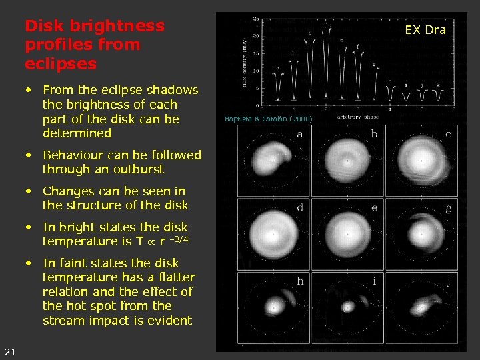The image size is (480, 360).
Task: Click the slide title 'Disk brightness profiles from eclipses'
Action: [x=94, y=45]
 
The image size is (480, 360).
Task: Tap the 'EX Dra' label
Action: [x=425, y=29]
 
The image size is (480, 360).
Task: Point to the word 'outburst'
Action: [x=137, y=169]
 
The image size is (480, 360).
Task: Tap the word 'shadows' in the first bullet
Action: [x=175, y=90]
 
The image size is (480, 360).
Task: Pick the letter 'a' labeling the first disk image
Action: [x=300, y=134]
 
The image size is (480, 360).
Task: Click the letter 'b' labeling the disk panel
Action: [x=374, y=134]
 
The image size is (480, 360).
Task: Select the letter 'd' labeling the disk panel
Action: [x=300, y=207]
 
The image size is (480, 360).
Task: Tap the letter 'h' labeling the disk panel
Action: [x=300, y=281]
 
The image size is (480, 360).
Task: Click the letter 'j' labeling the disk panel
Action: [x=448, y=281]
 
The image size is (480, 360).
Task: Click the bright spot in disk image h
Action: [x=273, y=307]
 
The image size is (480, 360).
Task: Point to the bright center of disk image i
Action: [x=347, y=307]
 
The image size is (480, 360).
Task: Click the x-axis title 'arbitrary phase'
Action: [x=358, y=117]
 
